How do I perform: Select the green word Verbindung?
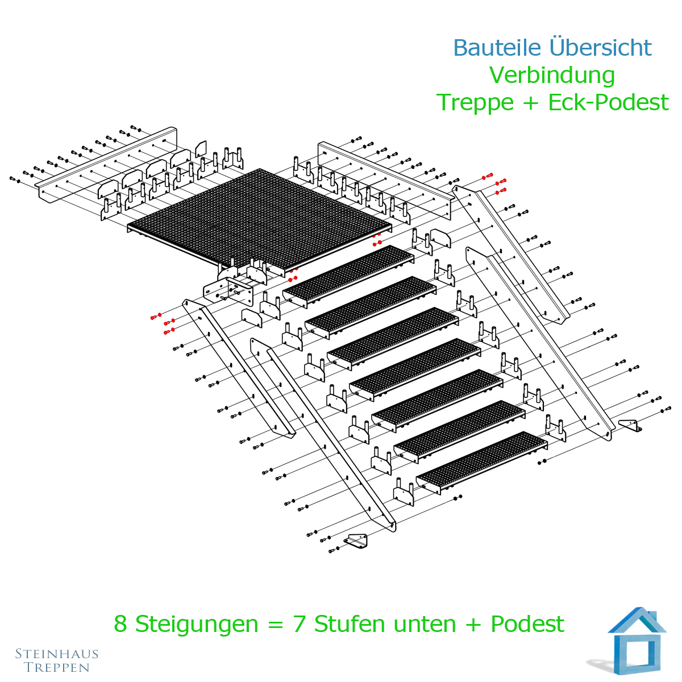(x=552, y=76)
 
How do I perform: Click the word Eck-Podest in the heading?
(x=608, y=102)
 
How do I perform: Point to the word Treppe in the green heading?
(x=475, y=103)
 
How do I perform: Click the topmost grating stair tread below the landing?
(x=348, y=277)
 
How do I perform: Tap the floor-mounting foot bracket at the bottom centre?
(x=356, y=541)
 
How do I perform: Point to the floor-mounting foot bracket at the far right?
(x=630, y=425)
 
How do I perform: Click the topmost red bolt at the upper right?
(x=487, y=176)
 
